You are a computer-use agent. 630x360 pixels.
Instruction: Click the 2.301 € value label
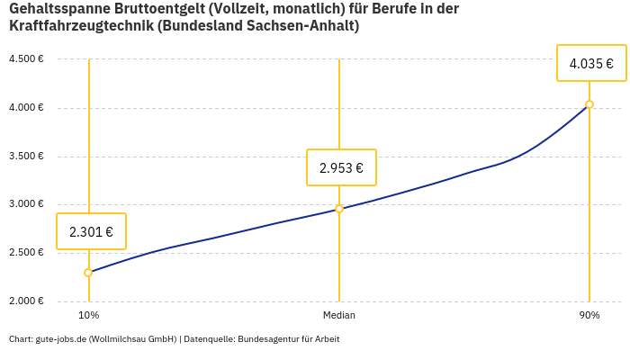[91, 231]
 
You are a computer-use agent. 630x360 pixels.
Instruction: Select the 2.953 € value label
[341, 167]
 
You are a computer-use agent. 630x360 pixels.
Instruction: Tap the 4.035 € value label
[591, 63]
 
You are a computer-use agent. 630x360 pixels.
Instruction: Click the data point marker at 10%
[88, 273]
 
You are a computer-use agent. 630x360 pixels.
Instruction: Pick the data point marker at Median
[339, 209]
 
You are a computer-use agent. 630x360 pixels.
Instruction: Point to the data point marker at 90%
[589, 104]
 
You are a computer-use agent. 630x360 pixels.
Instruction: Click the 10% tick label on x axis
[88, 316]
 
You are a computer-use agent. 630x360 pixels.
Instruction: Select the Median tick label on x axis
[339, 316]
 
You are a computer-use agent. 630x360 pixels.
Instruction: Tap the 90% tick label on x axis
[589, 316]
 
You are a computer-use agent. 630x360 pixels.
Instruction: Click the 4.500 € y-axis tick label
[26, 59]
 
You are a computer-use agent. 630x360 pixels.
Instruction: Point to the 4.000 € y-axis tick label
[26, 108]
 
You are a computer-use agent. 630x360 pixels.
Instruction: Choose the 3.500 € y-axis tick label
[26, 157]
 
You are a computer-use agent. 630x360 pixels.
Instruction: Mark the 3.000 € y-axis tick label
[26, 204]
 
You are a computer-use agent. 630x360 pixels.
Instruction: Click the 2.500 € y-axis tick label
[26, 253]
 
